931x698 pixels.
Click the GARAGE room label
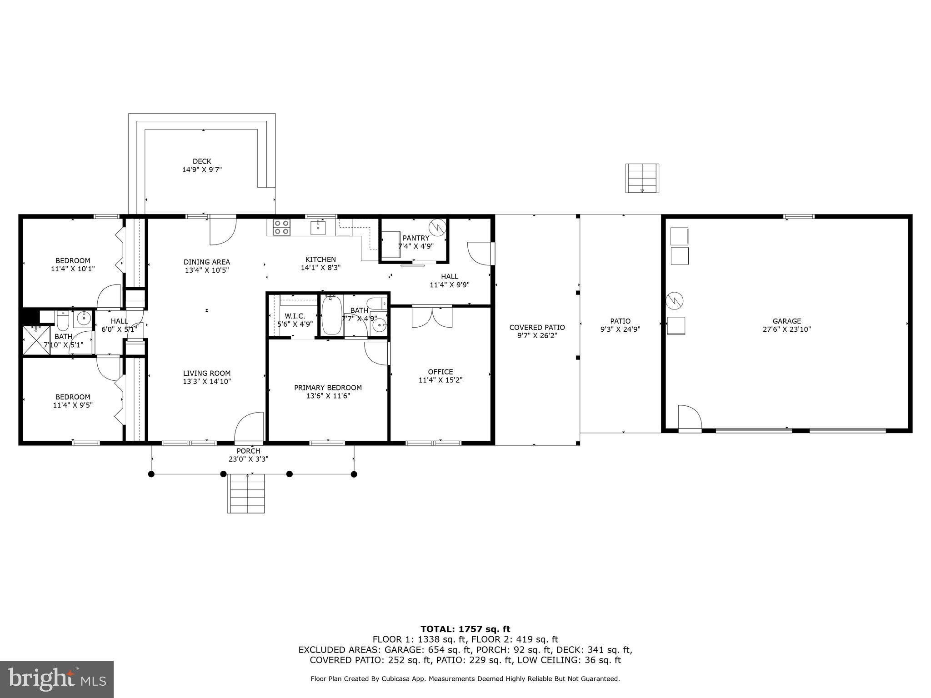pos(786,321)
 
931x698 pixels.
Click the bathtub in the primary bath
pos(332,315)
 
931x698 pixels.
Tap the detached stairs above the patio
pos(642,178)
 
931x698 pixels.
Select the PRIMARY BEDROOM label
pos(328,388)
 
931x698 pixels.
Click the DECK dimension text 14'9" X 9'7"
pos(202,170)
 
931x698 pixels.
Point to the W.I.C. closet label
pos(295,316)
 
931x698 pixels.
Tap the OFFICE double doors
pos(432,317)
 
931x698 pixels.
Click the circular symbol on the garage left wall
pos(675,299)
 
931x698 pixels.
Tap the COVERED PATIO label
pos(537,327)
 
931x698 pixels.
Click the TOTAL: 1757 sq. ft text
pos(465,629)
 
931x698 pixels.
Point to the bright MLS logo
pos(57,679)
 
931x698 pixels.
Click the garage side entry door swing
pos(689,417)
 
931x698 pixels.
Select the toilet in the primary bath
pos(376,303)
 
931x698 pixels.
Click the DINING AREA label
pos(206,262)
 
